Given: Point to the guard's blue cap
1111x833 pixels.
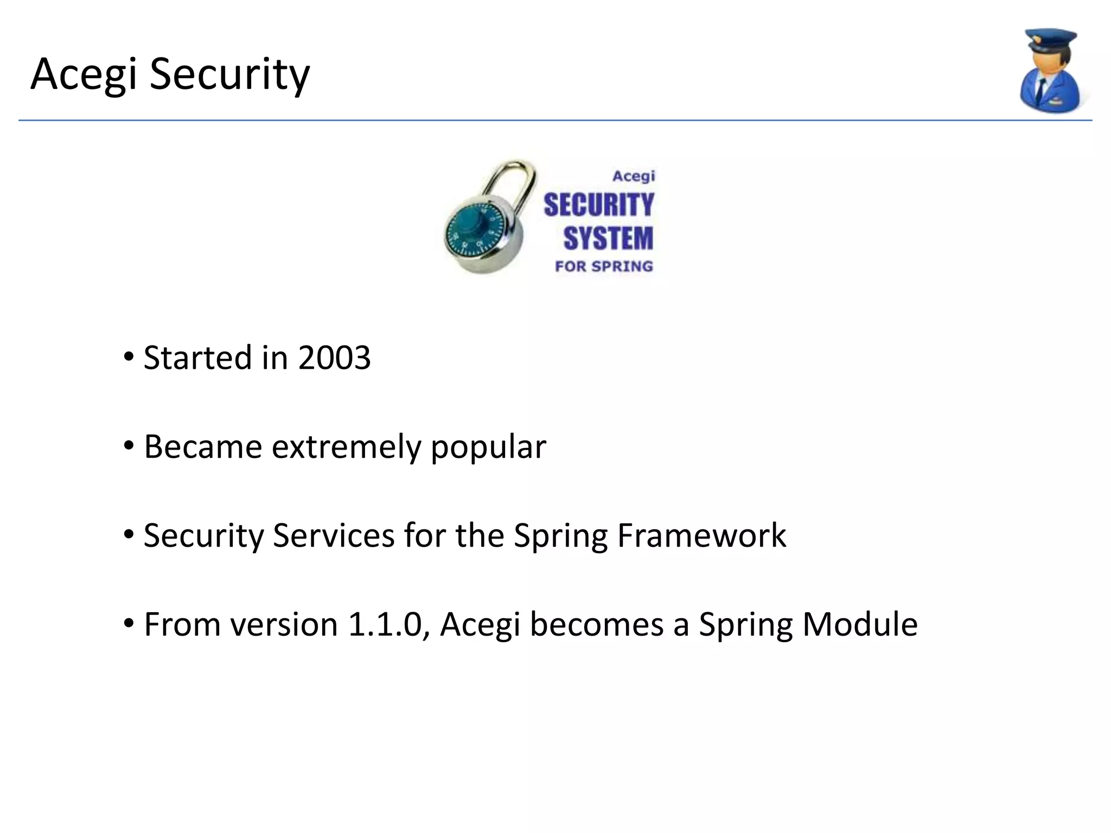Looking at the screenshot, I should point(1050,41).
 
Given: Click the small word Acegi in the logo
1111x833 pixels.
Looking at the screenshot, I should point(634,176).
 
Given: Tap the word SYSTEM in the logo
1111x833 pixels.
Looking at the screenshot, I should point(608,239).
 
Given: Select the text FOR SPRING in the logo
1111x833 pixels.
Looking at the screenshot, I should point(603,266).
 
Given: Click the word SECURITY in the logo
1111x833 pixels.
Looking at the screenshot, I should point(599,205).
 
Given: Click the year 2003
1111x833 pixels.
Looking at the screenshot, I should point(334,358).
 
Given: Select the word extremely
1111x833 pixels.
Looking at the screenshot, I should point(346,447).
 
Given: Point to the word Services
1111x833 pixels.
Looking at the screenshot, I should point(333,536).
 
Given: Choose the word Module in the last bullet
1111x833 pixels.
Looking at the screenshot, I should point(859,624).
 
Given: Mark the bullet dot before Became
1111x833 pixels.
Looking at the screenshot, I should point(129,446).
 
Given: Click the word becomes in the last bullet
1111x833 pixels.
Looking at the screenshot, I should point(596,624).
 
